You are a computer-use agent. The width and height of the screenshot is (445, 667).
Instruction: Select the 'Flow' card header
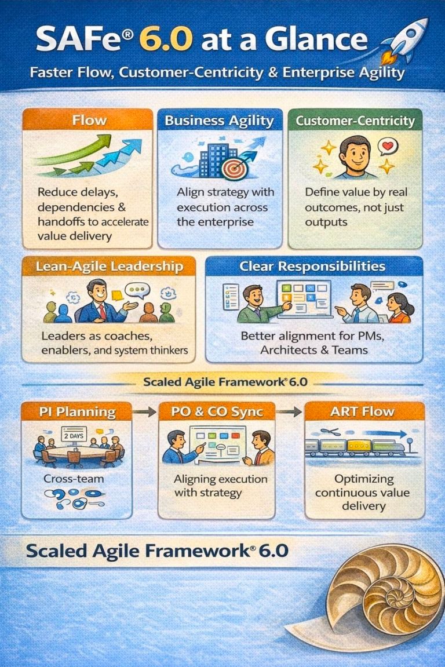point(89,121)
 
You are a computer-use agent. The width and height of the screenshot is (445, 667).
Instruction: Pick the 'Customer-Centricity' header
point(355,121)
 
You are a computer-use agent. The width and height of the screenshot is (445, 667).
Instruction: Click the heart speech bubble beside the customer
point(385,146)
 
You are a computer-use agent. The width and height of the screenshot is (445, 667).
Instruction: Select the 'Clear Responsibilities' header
point(312,267)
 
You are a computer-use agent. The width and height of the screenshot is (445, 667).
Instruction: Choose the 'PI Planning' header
point(77,412)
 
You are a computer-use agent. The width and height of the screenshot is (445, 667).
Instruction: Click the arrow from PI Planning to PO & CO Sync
point(145,412)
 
